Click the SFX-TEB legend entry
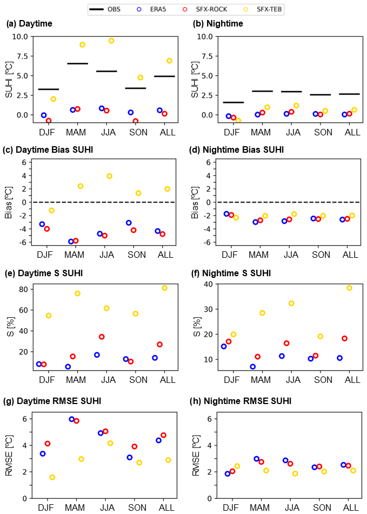point(269,9)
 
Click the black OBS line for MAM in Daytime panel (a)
point(77,63)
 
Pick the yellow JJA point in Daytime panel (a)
point(111,41)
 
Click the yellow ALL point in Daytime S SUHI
point(164,288)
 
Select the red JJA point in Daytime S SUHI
point(102,337)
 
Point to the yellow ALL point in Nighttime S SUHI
point(349,288)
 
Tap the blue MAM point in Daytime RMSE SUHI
point(71,419)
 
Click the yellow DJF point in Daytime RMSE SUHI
point(52,477)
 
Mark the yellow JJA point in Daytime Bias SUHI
point(109,176)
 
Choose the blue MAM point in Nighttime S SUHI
point(252,367)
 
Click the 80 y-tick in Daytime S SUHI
point(24,289)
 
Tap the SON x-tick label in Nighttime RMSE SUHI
point(323,508)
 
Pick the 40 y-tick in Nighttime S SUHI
point(207,284)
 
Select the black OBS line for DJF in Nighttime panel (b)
point(233,102)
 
